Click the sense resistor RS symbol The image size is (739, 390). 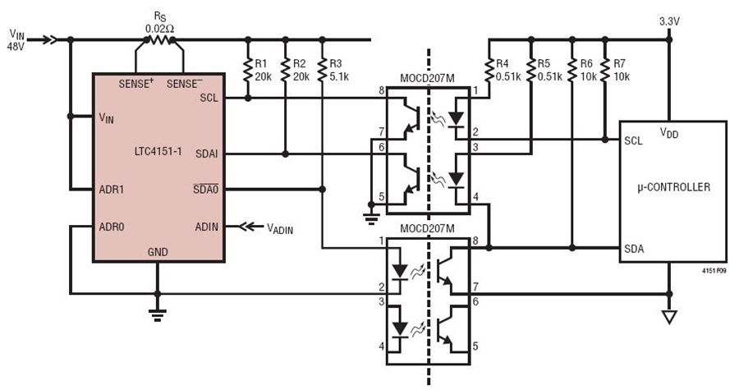[160, 40]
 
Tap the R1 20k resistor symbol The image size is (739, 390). [248, 69]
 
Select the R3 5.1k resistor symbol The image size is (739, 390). [323, 69]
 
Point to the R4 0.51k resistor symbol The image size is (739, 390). [489, 69]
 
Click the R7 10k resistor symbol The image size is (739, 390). [605, 69]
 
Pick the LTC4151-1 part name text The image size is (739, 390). [158, 152]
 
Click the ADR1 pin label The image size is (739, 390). [111, 190]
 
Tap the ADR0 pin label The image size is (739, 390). [111, 227]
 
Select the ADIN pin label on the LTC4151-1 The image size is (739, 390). [206, 227]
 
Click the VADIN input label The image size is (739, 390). [280, 228]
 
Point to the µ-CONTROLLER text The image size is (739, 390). [673, 187]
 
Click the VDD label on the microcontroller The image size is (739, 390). [669, 133]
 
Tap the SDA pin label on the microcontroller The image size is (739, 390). [634, 248]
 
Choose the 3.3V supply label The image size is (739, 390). [669, 21]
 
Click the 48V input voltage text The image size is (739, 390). [16, 47]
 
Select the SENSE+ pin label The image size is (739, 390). [136, 84]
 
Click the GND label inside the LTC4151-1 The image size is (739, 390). [158, 252]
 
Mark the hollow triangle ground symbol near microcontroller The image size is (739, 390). [668, 318]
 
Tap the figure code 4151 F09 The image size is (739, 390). [714, 271]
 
